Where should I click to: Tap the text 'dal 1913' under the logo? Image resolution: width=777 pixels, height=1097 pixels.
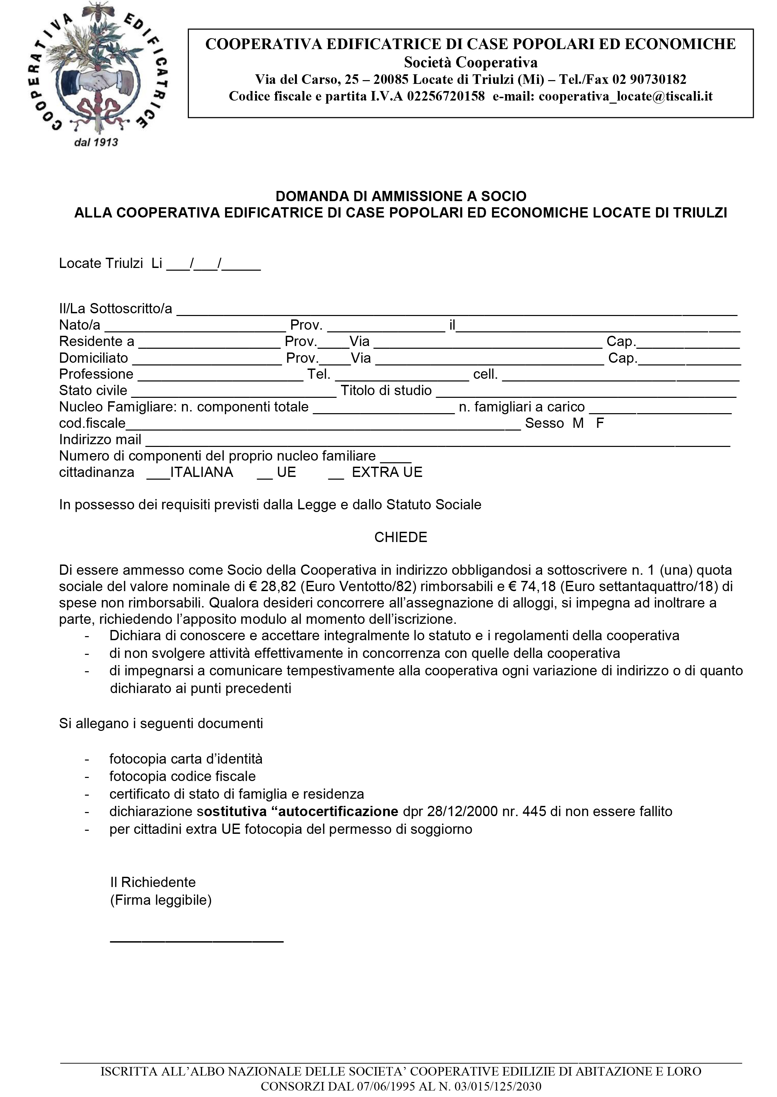tap(96, 142)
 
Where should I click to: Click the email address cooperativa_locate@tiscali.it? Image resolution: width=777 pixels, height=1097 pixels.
tap(625, 96)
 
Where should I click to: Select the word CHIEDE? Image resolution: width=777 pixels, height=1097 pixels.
tap(401, 537)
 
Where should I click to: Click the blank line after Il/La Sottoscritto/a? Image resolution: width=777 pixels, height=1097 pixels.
tap(457, 311)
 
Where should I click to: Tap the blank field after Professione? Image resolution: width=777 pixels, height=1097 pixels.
tap(221, 376)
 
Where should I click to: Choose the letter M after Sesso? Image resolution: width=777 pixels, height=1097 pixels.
tap(578, 423)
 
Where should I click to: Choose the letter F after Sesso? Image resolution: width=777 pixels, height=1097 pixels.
tap(600, 423)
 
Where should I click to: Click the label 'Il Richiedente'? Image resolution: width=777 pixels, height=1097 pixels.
tap(153, 882)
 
